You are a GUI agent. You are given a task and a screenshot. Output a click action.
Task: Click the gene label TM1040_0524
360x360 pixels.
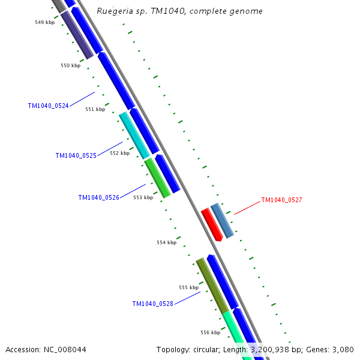coord(48,106)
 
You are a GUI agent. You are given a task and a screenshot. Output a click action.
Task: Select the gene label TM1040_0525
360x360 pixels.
coord(76,155)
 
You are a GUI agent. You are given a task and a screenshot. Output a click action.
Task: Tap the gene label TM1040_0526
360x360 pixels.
coord(98,197)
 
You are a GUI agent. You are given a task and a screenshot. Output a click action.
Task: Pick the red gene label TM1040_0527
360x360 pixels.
coord(281,200)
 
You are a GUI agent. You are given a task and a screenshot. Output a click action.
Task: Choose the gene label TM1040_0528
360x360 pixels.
coord(152,304)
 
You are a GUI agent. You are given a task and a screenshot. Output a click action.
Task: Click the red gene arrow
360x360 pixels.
coord(211,224)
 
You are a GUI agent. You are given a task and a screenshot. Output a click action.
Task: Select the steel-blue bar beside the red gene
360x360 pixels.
coord(222,221)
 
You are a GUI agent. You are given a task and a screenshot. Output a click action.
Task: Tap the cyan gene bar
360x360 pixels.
coord(134,135)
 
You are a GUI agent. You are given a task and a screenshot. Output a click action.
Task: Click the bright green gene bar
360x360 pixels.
coord(157,178)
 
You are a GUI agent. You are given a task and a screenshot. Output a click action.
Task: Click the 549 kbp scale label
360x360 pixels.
coord(44,22)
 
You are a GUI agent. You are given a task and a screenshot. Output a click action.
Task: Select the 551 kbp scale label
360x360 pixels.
coord(95,109)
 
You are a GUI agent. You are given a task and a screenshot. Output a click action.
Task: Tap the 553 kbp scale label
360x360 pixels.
coord(143,197)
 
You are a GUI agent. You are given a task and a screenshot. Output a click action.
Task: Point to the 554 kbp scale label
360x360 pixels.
coord(166,242)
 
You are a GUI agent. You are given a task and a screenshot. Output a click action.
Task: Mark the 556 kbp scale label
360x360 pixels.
coord(210,332)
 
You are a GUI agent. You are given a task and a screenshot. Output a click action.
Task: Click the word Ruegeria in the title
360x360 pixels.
coord(113,11)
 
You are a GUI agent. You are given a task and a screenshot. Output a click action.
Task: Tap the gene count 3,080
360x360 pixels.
coord(341,349)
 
